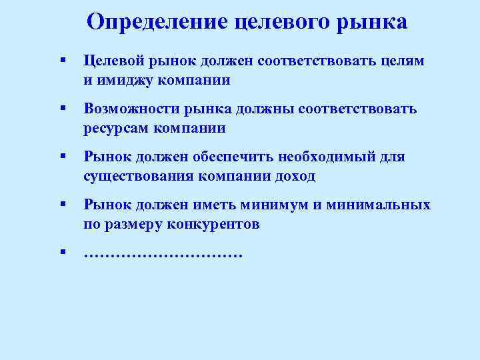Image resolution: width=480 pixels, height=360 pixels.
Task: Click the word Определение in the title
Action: (x=157, y=21)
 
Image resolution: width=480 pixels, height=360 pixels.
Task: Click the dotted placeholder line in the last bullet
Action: (x=163, y=254)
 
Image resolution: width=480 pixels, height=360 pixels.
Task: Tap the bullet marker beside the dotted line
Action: (x=61, y=252)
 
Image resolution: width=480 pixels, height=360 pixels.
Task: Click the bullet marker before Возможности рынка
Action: (x=61, y=107)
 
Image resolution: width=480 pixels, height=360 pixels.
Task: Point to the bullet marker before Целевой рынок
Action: (x=61, y=60)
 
